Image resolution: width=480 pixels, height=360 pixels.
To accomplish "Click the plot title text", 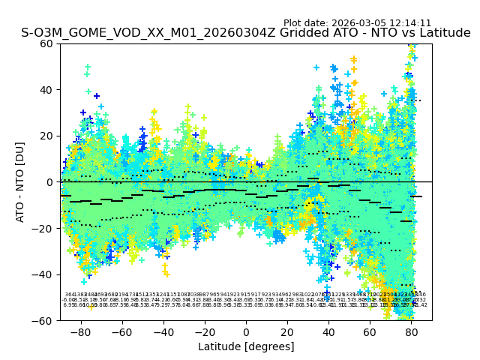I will pos(246,33).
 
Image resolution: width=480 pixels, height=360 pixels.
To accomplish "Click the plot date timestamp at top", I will pos(357,23).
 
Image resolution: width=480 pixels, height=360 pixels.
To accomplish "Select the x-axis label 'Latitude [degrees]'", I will pos(246,346).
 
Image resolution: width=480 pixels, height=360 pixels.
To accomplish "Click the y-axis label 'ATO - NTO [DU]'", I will pos(20,181).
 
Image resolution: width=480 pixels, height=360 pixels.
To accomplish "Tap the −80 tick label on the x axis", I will pos(80,331).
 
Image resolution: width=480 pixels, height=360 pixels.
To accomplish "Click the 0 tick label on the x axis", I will pos(246,331).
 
